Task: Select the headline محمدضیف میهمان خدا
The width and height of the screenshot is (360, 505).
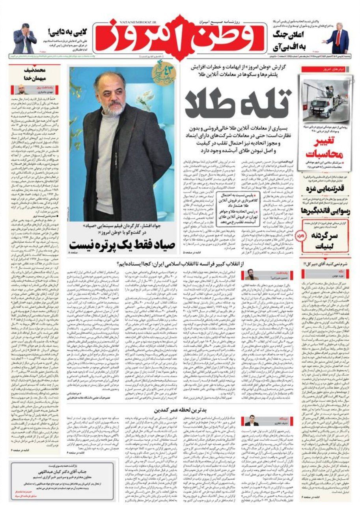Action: pos(34,74)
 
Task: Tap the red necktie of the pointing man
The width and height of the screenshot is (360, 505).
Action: pos(338,38)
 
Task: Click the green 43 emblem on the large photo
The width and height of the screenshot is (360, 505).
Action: pos(163,75)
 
